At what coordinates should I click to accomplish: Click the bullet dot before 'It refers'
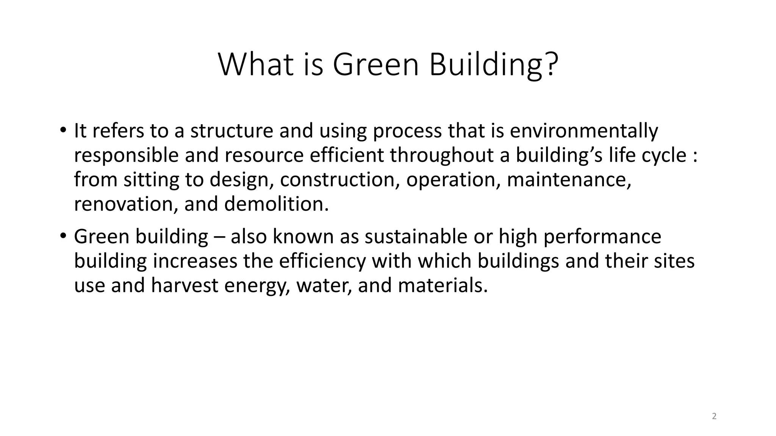click(63, 130)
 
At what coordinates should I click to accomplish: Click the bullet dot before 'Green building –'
click(63, 236)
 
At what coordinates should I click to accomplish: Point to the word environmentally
click(584, 131)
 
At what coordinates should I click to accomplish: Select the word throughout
click(441, 155)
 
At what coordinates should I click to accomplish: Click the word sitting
click(151, 180)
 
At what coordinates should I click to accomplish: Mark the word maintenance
click(569, 180)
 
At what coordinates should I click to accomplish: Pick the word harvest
click(184, 285)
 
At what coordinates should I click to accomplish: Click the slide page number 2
click(714, 416)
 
